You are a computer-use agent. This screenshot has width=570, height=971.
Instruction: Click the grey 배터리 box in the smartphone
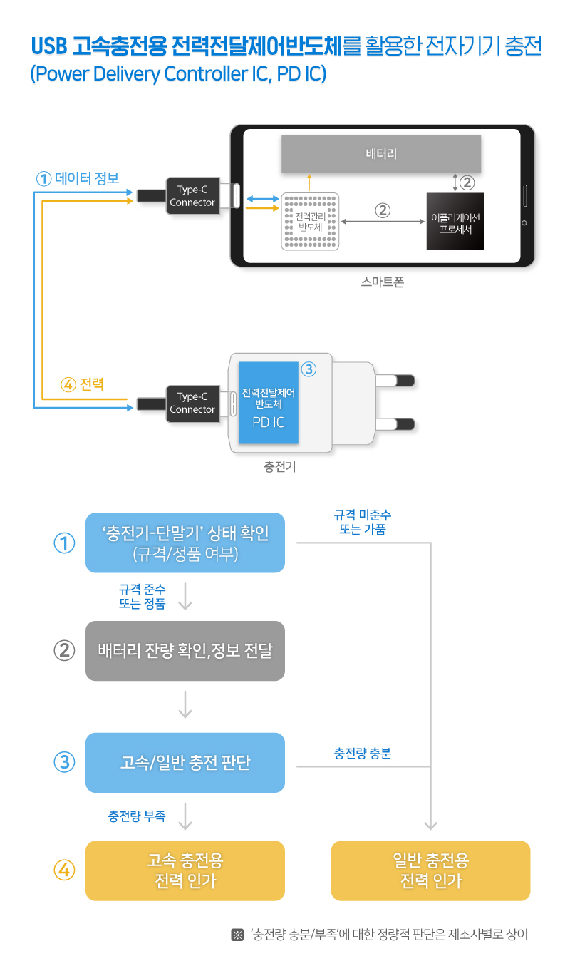pyautogui.click(x=380, y=153)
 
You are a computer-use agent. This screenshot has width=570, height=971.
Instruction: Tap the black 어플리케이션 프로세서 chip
pyautogui.click(x=455, y=221)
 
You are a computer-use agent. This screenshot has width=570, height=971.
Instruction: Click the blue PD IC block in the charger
pyautogui.click(x=268, y=403)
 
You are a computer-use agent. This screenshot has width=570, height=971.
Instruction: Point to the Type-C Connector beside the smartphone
pyautogui.click(x=192, y=196)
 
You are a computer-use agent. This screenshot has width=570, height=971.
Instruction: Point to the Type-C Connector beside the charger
pyautogui.click(x=192, y=403)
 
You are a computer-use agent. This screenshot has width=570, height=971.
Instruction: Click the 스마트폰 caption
pyautogui.click(x=383, y=282)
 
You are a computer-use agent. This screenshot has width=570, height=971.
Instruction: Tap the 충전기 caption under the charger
pyautogui.click(x=280, y=467)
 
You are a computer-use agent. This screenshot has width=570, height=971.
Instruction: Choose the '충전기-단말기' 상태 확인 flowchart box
pyautogui.click(x=185, y=543)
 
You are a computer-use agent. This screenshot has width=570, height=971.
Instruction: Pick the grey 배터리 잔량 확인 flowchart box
pyautogui.click(x=185, y=651)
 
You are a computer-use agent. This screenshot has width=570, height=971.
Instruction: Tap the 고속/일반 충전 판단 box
pyautogui.click(x=185, y=763)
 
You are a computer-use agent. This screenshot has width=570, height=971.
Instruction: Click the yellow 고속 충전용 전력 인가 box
pyautogui.click(x=185, y=870)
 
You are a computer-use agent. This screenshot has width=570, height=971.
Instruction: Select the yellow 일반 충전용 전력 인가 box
pyautogui.click(x=430, y=870)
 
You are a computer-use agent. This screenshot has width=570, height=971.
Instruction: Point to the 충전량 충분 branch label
pyautogui.click(x=362, y=753)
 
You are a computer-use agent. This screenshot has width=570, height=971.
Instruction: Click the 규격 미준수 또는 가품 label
pyautogui.click(x=362, y=522)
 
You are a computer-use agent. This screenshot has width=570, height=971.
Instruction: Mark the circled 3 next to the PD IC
pyautogui.click(x=309, y=369)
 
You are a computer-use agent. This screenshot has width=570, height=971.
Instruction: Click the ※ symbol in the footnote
pyautogui.click(x=238, y=935)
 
